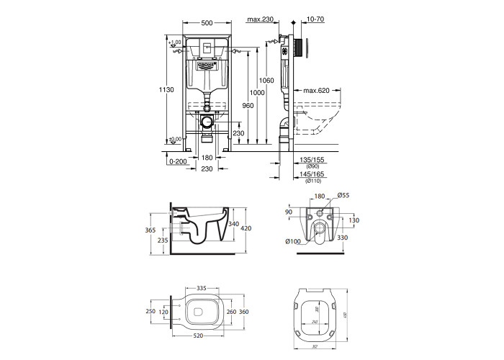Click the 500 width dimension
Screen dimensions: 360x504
[x=207, y=23]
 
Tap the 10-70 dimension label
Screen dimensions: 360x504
[x=304, y=20]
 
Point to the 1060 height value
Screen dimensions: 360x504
[x=267, y=80]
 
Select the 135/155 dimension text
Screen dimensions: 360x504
[x=312, y=160]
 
